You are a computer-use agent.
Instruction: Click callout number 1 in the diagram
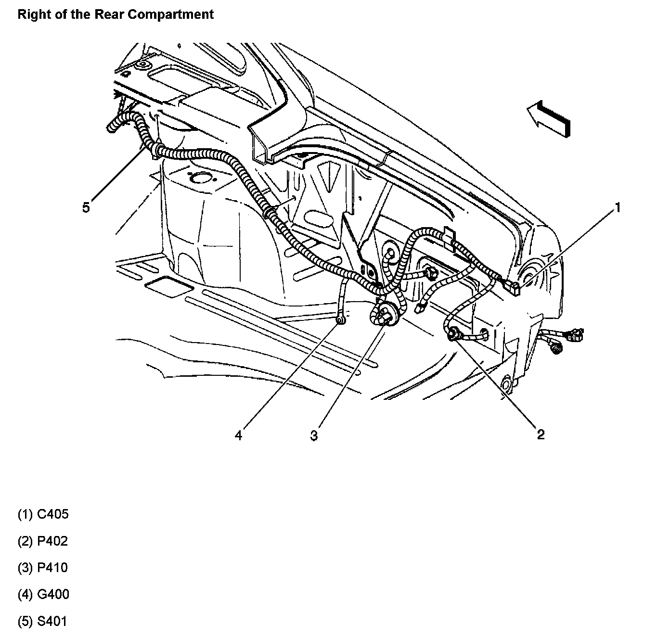coord(618,208)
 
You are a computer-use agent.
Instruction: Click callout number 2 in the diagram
coord(541,434)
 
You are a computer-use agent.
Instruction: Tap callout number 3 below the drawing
coord(314,436)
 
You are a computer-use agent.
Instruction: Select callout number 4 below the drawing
coord(239,435)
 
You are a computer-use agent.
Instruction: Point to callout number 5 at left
coord(86,208)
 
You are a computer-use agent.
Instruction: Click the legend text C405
coord(53,514)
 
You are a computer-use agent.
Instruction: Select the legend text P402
coord(52,541)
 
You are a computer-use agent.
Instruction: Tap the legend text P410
coord(52,568)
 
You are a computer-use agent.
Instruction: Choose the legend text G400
coord(53,594)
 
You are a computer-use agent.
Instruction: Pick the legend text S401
coord(52,621)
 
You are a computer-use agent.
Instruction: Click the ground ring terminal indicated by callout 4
coord(340,319)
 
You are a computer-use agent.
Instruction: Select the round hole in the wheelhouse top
coord(198,179)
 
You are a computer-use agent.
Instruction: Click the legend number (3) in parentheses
coord(26,568)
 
